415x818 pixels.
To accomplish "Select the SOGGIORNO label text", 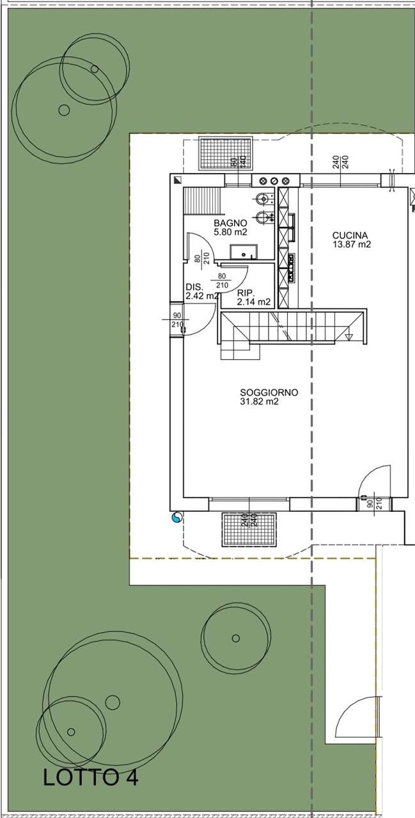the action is pyautogui.click(x=269, y=392).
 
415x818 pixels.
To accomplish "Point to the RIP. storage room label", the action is pyautogui.click(x=246, y=293).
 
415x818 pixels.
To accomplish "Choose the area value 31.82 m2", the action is pyautogui.click(x=260, y=402).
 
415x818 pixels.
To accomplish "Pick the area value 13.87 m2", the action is pyautogui.click(x=352, y=245).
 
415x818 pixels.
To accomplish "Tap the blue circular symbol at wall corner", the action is pyautogui.click(x=177, y=518).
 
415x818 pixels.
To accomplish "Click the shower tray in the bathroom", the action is pyautogui.click(x=243, y=252).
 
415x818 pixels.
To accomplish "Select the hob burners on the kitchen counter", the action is pyautogui.click(x=291, y=267).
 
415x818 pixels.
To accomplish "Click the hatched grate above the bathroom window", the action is pyautogui.click(x=226, y=153).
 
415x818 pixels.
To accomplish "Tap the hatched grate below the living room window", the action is pyautogui.click(x=249, y=530).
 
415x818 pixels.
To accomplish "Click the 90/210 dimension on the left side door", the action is pyautogui.click(x=177, y=320).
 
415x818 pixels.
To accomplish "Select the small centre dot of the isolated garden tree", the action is pyautogui.click(x=236, y=638).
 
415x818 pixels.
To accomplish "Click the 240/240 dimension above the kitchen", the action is pyautogui.click(x=340, y=162).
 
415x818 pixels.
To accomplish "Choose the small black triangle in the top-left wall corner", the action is pyautogui.click(x=178, y=180).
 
